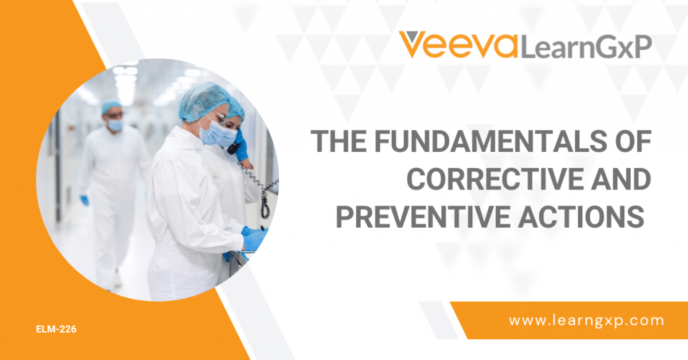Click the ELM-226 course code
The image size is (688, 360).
pos(56,330)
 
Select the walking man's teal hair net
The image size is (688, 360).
pos(111,106)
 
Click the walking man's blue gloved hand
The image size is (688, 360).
pos(85,200)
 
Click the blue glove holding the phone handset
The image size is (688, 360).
pos(241,150)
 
